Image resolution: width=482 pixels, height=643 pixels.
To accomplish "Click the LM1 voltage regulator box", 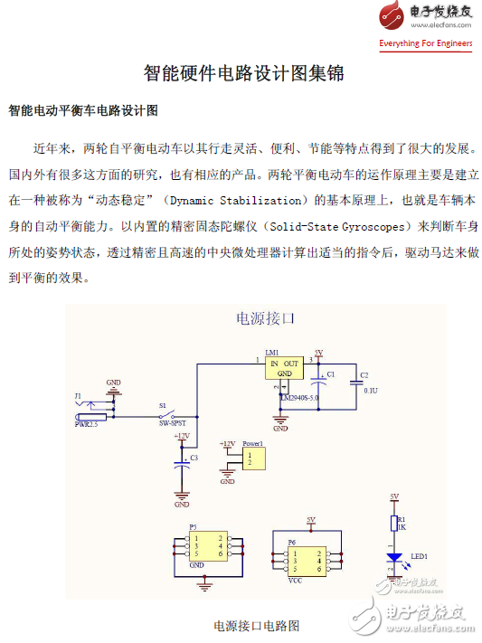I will point(284,368).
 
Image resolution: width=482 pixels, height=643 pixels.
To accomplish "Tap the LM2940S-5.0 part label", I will point(299,397).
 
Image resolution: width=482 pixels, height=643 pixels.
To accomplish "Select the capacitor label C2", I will point(364,374).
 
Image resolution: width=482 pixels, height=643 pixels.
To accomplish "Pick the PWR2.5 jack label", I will point(88,422).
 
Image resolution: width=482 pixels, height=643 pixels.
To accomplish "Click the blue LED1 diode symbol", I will point(394,558).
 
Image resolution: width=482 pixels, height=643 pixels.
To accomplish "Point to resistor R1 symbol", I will point(394,524).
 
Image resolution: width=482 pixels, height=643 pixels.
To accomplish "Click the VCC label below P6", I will point(295,580).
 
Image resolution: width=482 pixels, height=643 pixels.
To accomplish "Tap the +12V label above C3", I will point(182,436).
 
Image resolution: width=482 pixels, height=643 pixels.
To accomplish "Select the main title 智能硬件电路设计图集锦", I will point(244,73).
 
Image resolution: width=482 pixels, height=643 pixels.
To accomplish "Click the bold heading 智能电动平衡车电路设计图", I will point(83,111).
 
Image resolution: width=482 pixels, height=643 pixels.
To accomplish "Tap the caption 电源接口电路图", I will point(256,625).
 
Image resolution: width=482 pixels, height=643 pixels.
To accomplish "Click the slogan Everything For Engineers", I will point(426,43).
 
